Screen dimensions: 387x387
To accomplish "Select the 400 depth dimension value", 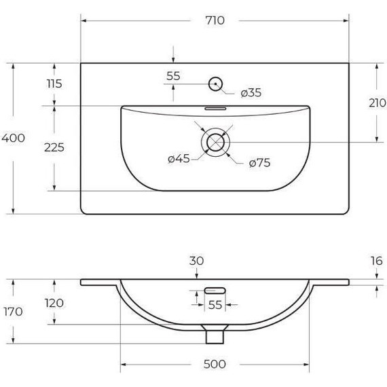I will tap(14, 138).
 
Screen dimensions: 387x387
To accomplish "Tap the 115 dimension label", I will tap(54, 84).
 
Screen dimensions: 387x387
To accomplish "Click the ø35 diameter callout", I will tap(251, 92).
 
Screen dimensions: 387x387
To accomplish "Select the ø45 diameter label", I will tap(179, 159).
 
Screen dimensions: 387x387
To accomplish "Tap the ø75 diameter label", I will tap(260, 163).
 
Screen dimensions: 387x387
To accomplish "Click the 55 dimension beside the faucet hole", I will tap(173, 76).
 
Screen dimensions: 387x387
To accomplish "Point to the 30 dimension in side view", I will tap(197, 261).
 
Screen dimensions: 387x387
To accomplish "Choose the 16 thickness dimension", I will tap(377, 261).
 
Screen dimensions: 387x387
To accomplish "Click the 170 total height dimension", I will tap(13, 312).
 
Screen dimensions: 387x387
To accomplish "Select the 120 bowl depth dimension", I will tap(54, 303).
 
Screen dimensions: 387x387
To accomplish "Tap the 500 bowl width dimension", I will tap(215, 365).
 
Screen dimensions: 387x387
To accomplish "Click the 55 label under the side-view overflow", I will tap(215, 306).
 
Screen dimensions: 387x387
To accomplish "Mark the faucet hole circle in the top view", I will tap(215, 84).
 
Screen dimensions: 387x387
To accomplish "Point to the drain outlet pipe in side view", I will tap(215, 335).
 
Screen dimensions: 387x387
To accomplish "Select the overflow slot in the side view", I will tap(215, 291).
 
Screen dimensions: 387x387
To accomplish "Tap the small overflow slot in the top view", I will tap(216, 107).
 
